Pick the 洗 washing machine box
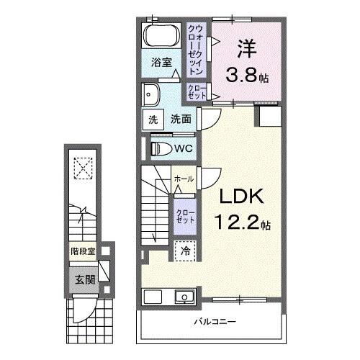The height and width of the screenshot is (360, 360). point(153,120)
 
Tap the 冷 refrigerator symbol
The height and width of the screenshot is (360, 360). point(185,251)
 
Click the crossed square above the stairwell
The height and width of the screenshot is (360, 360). point(84,170)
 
